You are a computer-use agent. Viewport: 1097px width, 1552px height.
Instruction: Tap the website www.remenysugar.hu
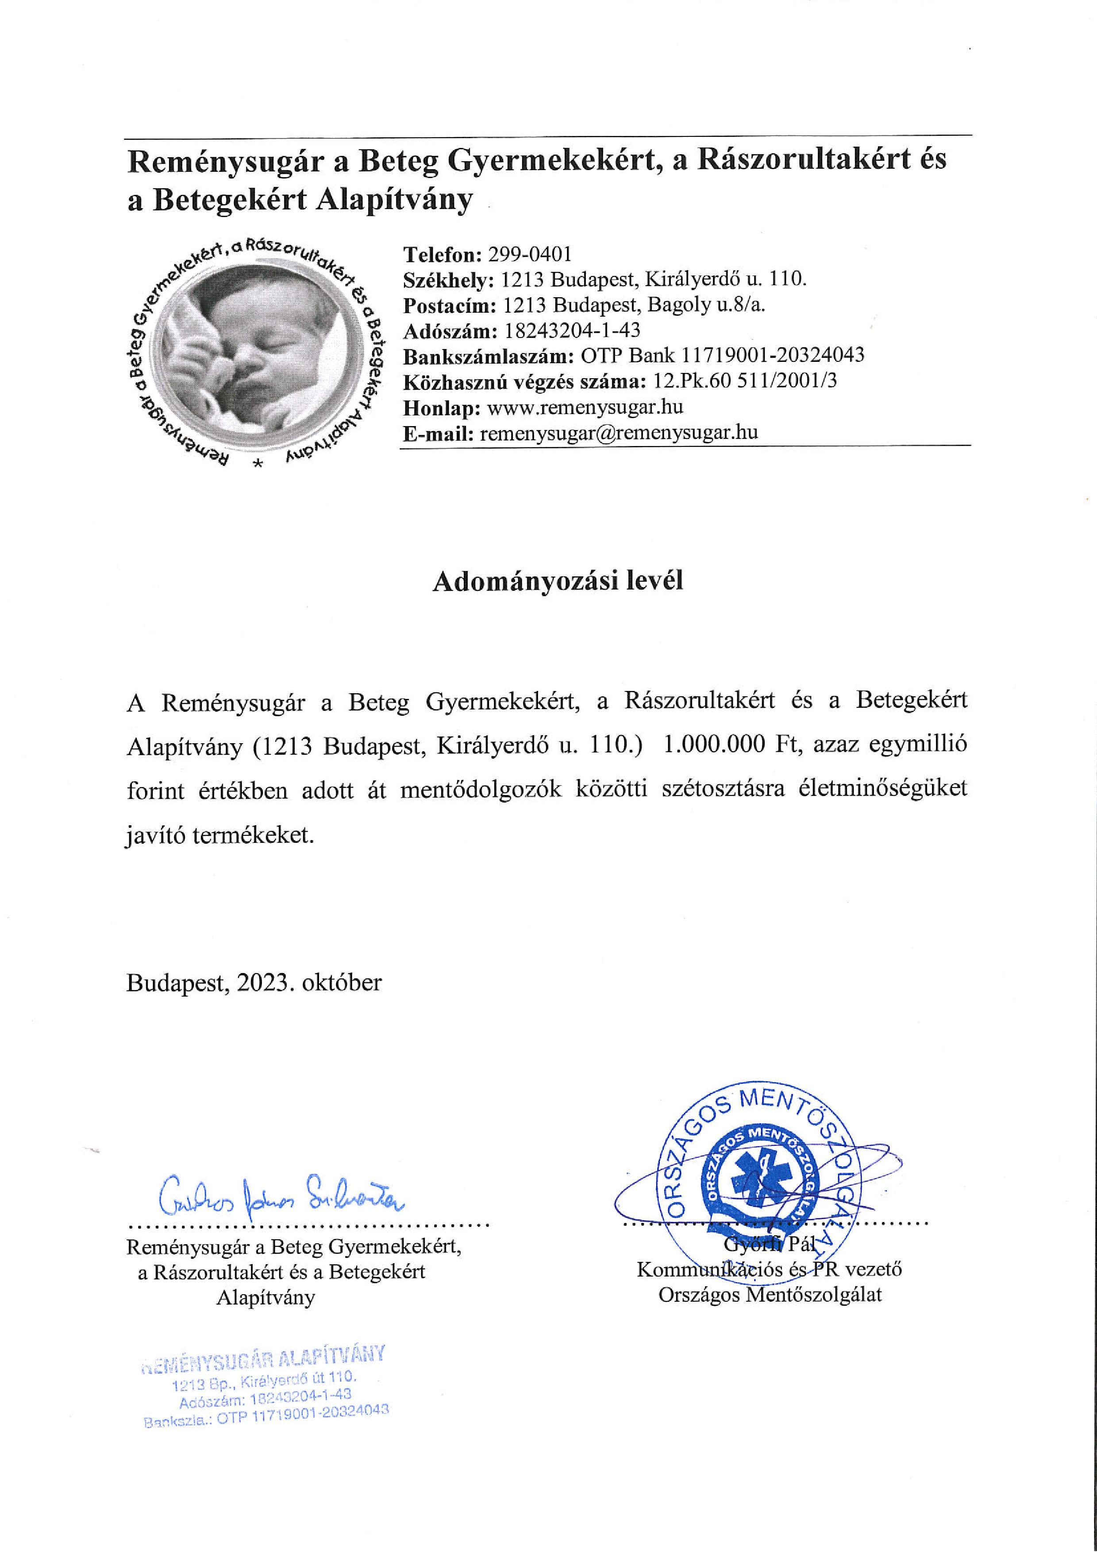coord(585,407)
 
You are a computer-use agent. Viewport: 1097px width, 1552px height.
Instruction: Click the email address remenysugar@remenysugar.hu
coord(618,433)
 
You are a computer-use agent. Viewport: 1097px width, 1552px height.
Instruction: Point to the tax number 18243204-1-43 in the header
coord(572,330)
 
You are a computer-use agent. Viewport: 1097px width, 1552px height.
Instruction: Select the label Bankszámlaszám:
coord(489,356)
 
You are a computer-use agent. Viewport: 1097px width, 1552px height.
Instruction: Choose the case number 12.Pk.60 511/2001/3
coord(745,381)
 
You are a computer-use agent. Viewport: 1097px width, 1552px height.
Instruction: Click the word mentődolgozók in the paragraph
coord(480,790)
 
